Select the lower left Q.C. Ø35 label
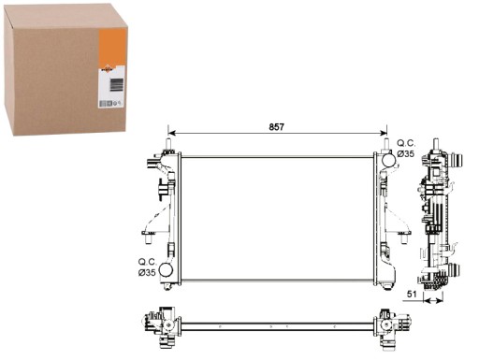[x=147, y=266]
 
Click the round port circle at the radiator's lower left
[x=167, y=271]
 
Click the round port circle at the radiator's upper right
[x=388, y=161]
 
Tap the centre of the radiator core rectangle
[x=277, y=217]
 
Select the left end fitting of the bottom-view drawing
[x=162, y=326]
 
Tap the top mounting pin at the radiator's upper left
[x=168, y=146]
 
